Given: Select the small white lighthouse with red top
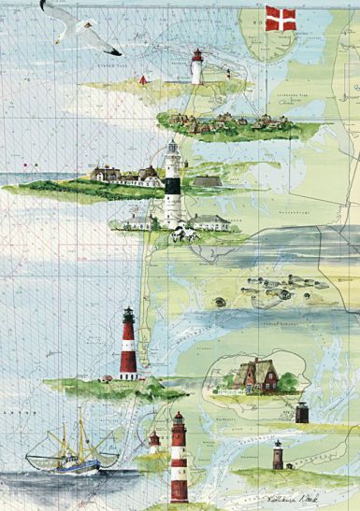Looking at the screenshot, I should click(x=196, y=66).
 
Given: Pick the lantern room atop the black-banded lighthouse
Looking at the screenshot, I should click(x=173, y=149).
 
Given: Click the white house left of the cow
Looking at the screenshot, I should click(x=138, y=220).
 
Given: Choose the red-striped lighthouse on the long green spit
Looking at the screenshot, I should click(x=129, y=345).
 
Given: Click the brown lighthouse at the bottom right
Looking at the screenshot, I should click(x=277, y=456).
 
